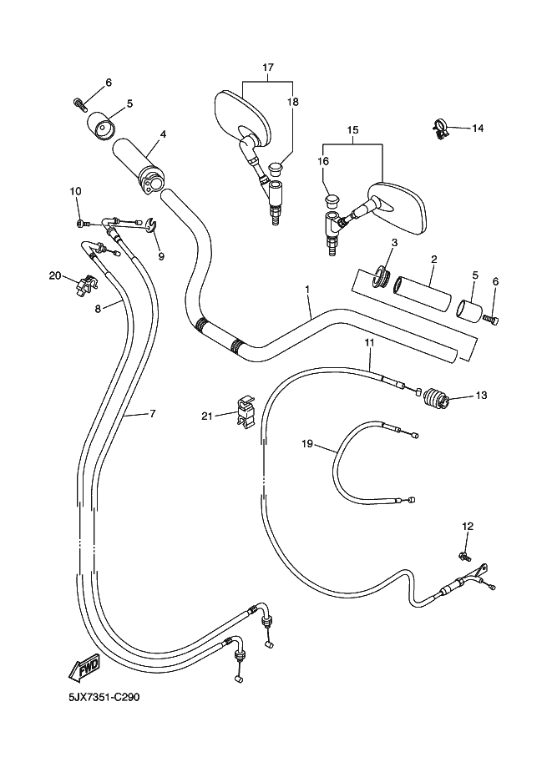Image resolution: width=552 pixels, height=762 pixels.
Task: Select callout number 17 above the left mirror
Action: [x=268, y=67]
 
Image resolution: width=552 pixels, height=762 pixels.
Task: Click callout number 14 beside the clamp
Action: [x=478, y=128]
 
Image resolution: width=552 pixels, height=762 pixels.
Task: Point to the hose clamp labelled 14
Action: [x=441, y=128]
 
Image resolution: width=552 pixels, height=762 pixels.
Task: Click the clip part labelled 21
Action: [x=243, y=412]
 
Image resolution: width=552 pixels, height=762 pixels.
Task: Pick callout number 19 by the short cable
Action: [x=307, y=444]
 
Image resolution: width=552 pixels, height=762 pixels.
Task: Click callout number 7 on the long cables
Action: [x=152, y=413]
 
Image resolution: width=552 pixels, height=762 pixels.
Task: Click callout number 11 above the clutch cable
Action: [x=368, y=342]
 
